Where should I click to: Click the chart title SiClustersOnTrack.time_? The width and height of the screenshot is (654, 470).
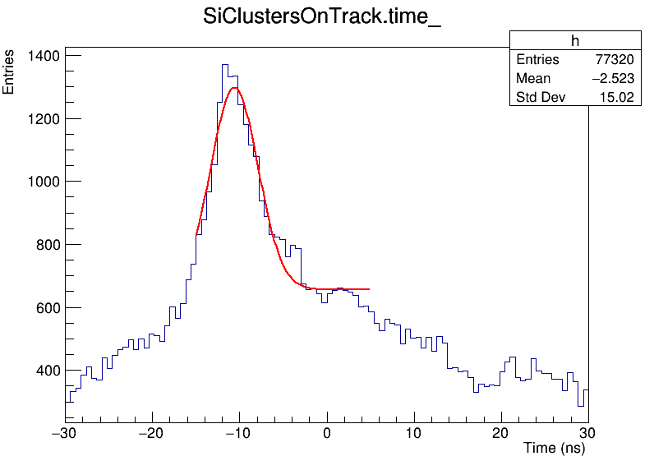(x=322, y=18)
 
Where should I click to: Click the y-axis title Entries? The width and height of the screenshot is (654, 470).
(x=9, y=71)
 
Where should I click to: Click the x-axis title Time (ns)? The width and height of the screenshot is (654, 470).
(x=554, y=449)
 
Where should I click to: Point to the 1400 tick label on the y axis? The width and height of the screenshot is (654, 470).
(x=43, y=56)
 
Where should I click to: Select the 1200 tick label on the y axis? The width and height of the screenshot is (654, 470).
(x=43, y=119)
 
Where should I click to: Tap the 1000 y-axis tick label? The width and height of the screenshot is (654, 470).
(x=43, y=182)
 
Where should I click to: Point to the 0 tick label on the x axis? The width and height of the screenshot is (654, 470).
(x=327, y=433)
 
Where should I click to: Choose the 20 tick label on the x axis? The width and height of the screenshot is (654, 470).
(x=501, y=433)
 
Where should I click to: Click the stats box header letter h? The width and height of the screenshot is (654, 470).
(x=575, y=42)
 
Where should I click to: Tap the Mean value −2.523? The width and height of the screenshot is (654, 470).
(x=610, y=79)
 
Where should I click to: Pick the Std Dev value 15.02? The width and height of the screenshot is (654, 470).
(x=617, y=99)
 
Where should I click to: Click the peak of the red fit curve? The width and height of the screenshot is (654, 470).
(x=235, y=87)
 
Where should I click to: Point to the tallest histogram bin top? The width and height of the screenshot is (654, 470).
(x=224, y=64)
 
